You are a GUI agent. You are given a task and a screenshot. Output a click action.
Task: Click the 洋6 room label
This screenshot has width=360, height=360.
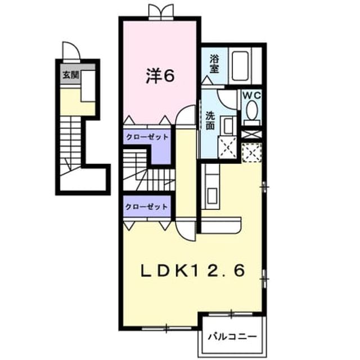click(160, 76)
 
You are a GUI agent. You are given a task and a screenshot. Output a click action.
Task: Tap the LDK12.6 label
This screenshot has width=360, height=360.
click(192, 271)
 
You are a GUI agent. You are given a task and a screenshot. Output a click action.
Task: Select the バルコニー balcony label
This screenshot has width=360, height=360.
click(232, 337)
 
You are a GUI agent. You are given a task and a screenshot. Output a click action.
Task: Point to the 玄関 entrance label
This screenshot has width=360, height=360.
click(71, 75)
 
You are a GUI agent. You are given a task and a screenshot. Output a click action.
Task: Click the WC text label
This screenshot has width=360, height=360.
click(251, 96)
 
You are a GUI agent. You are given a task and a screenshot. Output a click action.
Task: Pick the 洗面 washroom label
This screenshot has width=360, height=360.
click(210, 120)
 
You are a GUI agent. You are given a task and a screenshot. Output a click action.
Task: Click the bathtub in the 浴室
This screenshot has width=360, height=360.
click(240, 66)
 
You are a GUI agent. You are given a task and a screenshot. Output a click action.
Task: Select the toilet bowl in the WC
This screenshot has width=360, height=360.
click(252, 111)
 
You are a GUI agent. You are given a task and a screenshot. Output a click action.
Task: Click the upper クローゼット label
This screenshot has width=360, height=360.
click(147, 137)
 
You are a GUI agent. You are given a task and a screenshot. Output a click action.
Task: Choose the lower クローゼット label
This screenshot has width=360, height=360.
click(146, 207)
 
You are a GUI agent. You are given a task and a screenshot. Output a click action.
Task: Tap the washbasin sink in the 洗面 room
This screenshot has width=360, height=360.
click(228, 126)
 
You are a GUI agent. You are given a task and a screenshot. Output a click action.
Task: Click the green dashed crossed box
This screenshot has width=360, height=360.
click(251, 152)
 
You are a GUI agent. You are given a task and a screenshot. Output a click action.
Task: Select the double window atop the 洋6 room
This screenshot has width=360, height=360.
click(160, 11)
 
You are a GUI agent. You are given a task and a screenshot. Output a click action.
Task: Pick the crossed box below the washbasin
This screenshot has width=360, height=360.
click(227, 147)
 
